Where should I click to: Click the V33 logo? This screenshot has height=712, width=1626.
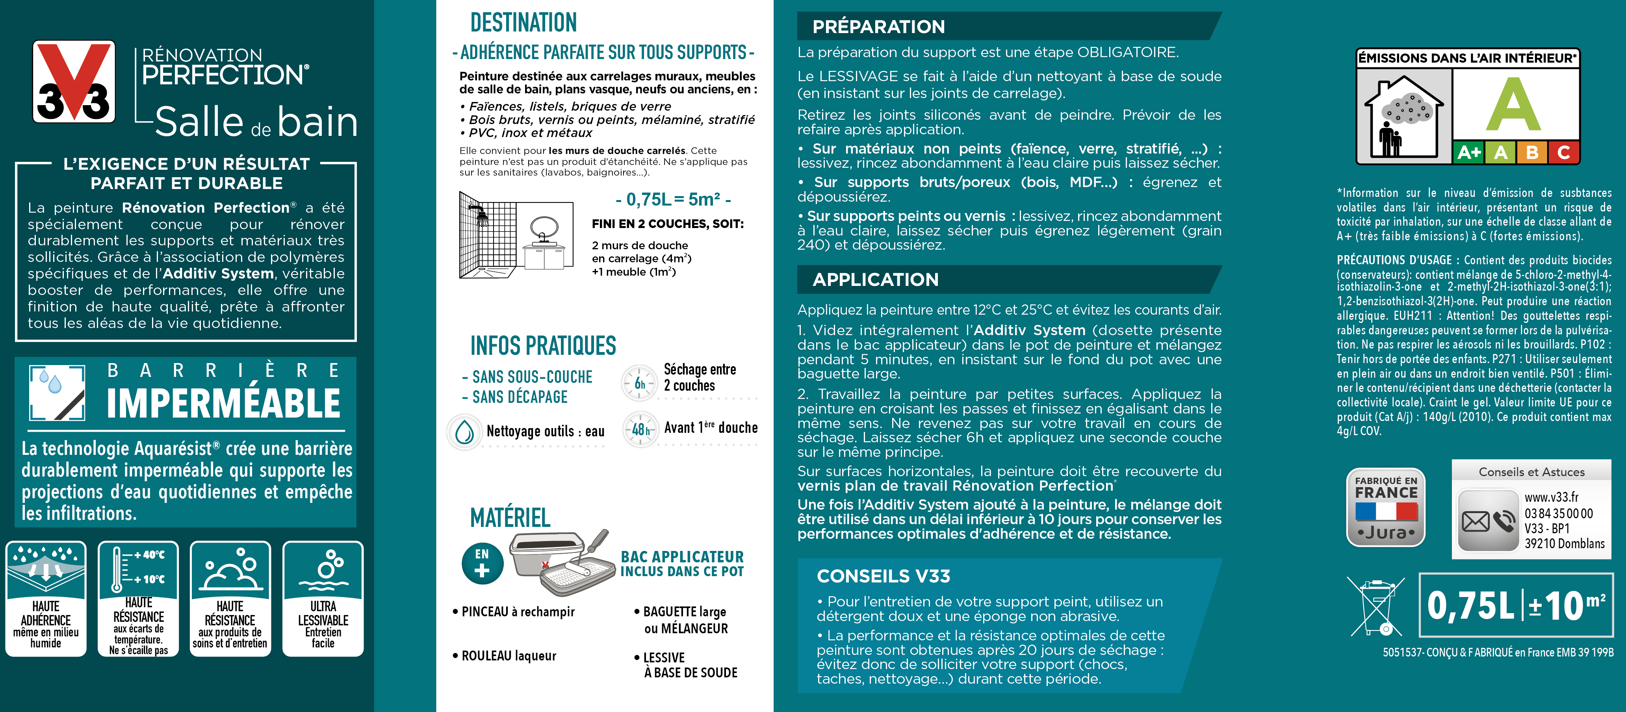[x=74, y=82]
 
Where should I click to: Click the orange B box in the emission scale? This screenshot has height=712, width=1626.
[x=1531, y=152]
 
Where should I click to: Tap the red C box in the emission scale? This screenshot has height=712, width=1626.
[x=1563, y=152]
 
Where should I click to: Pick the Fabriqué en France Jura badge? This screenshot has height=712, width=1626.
[x=1385, y=507]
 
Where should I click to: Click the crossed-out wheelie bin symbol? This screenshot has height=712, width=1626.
[x=1375, y=606]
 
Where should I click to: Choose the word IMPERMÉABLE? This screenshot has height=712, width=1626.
[x=223, y=403]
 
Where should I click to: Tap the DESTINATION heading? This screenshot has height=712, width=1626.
[x=523, y=23]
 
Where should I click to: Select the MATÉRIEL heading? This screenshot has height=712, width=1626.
[x=510, y=517]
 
